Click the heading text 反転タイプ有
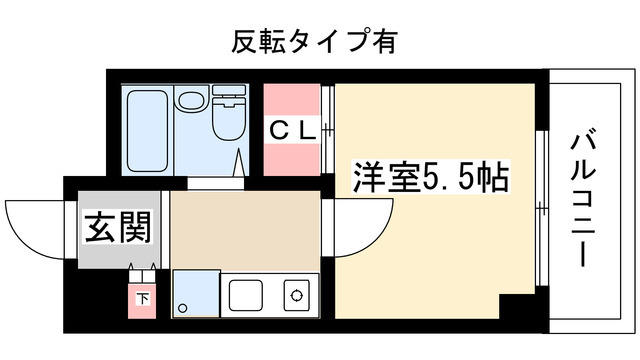(x=314, y=41)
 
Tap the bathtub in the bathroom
(x=147, y=131)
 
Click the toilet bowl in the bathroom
(x=229, y=119)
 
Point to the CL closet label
(x=292, y=131)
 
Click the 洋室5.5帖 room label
(x=431, y=177)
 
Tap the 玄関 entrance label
(x=118, y=227)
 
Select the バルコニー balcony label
(x=583, y=198)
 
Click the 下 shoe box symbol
(x=142, y=298)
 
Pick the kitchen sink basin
(x=245, y=295)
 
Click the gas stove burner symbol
(x=296, y=295)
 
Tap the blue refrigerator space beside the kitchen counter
(x=196, y=293)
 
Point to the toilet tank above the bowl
(x=229, y=90)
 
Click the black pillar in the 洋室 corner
(x=517, y=306)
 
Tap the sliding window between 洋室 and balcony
(x=540, y=208)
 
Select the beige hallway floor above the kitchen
(x=245, y=230)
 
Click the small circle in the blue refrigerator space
(x=182, y=308)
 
